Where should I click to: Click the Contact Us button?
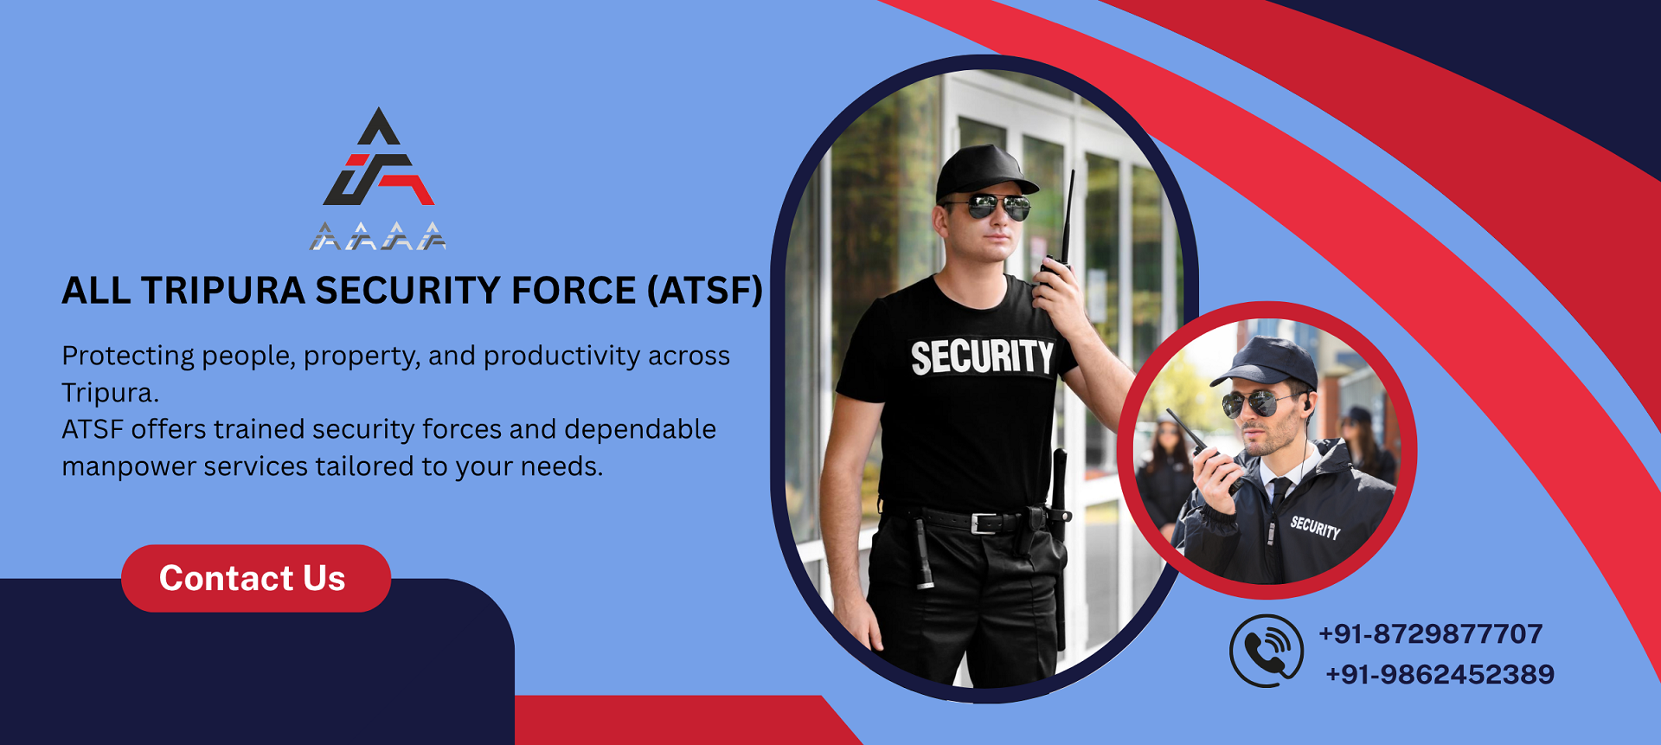256,578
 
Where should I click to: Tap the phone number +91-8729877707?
1431,634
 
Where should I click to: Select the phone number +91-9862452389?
1440,674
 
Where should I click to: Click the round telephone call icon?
1267,651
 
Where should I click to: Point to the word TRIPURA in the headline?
223,291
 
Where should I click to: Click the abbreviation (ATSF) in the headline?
705,291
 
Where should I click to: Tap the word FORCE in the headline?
574,291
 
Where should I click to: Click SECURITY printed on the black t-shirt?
982,357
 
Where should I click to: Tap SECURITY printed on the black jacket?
1315,527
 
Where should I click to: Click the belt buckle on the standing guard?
984,523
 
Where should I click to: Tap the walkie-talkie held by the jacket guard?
1205,450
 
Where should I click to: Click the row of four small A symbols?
378,236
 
